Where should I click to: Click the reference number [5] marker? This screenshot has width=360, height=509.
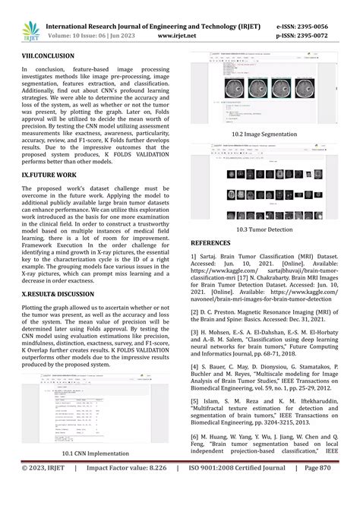195,401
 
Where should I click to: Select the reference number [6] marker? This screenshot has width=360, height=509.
195,437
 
